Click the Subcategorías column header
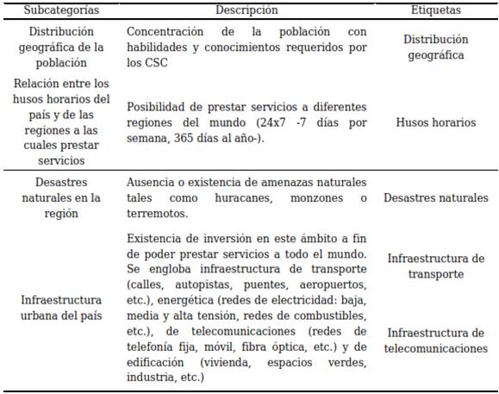point(61,10)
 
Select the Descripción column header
point(246,10)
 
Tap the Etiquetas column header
point(435,10)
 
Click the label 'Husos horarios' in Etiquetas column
point(435,122)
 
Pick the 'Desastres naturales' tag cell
point(435,197)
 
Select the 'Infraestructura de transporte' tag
point(435,266)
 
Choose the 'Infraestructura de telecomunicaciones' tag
point(435,341)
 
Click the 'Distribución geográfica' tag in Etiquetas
point(435,47)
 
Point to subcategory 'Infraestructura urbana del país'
point(61,308)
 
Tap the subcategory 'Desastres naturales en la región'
point(61,197)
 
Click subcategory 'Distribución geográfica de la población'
point(61,47)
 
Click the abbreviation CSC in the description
point(158,63)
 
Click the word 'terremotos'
point(156,214)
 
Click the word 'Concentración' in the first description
point(167,32)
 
